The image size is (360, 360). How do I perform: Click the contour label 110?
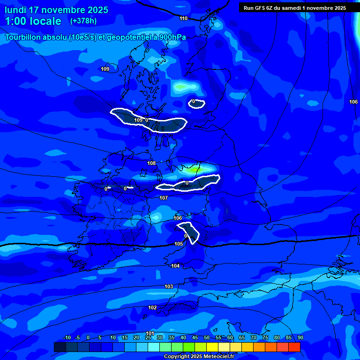point(183,18)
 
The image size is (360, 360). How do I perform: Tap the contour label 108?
point(151,163)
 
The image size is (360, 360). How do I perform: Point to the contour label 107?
point(164,198)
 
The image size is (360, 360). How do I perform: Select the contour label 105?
point(179,244)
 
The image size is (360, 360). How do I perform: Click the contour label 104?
point(175,266)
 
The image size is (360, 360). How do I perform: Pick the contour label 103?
point(169,286)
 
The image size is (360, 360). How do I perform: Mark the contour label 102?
point(152,307)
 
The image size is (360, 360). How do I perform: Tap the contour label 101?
point(150,333)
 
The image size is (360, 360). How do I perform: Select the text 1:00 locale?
point(33,21)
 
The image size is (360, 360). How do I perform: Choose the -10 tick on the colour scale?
point(67,337)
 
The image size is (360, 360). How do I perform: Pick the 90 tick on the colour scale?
point(300,337)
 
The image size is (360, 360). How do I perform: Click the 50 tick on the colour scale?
point(207,337)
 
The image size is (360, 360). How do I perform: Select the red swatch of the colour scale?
point(294,347)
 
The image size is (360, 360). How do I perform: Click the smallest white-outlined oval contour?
point(197,103)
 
